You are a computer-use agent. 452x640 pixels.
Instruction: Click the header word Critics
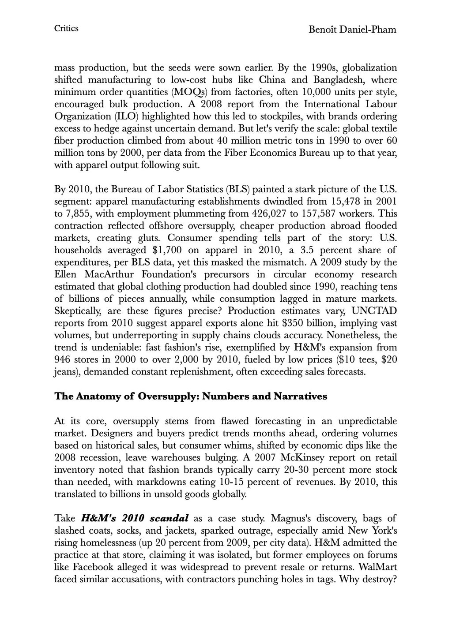[x=66, y=29]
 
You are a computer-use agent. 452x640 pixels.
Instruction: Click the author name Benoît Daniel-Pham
[x=353, y=30]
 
